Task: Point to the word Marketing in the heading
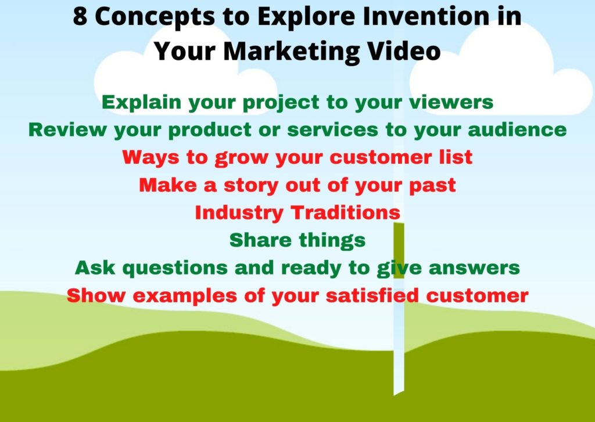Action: point(291,51)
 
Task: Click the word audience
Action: point(517,129)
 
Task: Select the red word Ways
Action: point(150,158)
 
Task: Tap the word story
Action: point(251,186)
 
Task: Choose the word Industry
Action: point(239,213)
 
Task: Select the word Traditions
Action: point(345,212)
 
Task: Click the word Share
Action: point(260,240)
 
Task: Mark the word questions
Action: point(175,268)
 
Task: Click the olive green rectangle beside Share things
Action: point(399,251)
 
